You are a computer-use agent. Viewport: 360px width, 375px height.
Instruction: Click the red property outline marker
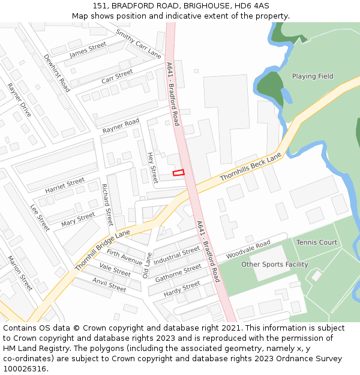pos(178,173)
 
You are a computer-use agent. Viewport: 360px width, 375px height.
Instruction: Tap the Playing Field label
pos(312,77)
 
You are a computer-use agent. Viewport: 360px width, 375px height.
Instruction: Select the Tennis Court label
pos(316,242)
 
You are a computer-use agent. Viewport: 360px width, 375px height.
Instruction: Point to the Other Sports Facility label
pos(274,265)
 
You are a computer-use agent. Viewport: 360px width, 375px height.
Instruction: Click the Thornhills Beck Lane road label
pos(250,167)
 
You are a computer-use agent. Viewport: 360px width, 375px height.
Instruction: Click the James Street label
pos(88,50)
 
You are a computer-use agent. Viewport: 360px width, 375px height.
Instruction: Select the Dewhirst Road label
pos(57,73)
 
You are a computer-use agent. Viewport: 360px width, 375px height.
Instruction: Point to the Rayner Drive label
pos(19,100)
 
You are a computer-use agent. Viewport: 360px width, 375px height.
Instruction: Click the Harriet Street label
pos(65,182)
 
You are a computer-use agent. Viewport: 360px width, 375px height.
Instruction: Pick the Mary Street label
pos(78,220)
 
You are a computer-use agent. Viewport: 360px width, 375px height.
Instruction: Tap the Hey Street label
pos(152,167)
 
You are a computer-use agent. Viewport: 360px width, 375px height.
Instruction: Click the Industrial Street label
pos(176,256)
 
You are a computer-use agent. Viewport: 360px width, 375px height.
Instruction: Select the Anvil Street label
pos(109,284)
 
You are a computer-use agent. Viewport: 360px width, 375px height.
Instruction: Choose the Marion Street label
pos(19,273)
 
